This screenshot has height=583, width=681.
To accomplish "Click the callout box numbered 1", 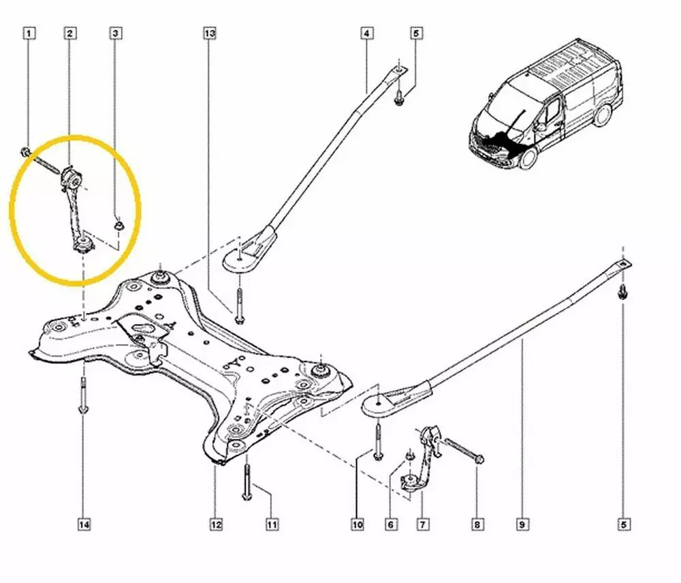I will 28,32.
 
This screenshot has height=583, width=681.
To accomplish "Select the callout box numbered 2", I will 70,32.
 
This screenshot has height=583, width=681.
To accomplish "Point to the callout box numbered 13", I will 209,32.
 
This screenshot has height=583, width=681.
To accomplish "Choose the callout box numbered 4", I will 366,32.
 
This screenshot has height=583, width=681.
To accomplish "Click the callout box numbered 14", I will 84,524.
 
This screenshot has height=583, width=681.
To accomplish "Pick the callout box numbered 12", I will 215,524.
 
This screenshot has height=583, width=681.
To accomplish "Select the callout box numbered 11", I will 271,524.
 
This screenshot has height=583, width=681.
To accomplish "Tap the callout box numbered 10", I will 358,524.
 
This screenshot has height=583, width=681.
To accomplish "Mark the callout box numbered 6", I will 391,524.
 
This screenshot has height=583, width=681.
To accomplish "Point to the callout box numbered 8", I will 477,524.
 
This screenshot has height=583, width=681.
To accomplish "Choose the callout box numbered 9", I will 522,524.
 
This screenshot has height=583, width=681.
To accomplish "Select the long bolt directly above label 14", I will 83,396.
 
